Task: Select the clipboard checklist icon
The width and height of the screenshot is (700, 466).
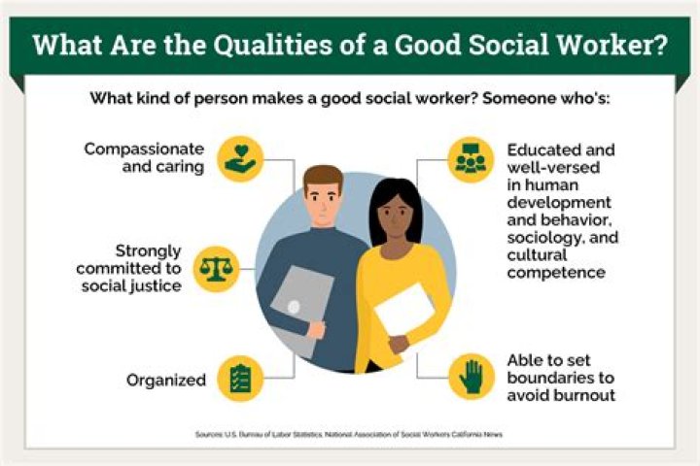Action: (x=239, y=379)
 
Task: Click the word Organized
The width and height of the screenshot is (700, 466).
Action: (x=166, y=380)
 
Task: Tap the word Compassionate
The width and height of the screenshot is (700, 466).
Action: (x=144, y=150)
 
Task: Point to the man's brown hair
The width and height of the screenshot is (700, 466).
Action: (x=322, y=178)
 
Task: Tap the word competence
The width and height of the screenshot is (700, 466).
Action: (x=557, y=273)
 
